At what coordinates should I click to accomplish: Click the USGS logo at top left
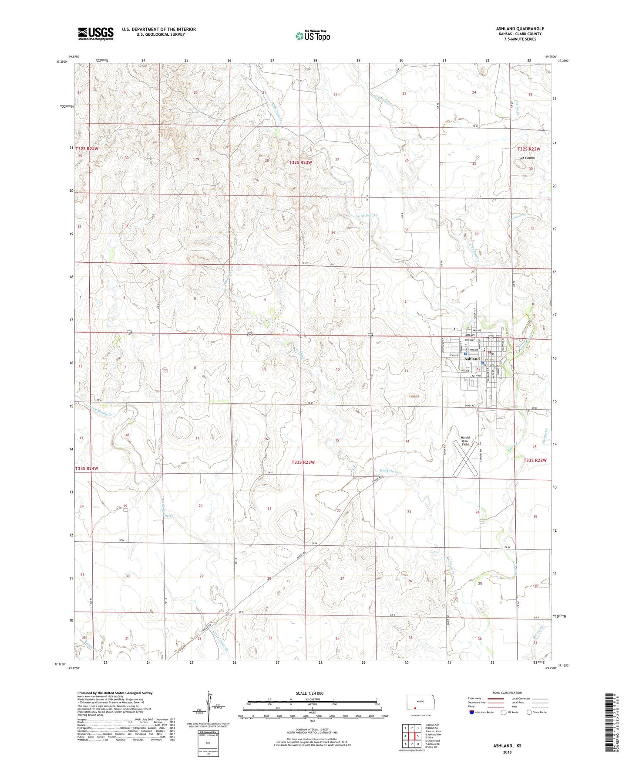tap(96, 34)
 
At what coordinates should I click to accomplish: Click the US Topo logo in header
tap(313, 36)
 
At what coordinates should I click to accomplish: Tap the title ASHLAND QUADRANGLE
tap(520, 29)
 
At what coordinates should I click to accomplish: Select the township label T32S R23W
tap(300, 163)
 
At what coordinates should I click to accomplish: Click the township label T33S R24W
tap(87, 469)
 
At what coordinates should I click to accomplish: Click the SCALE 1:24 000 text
tap(309, 693)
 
